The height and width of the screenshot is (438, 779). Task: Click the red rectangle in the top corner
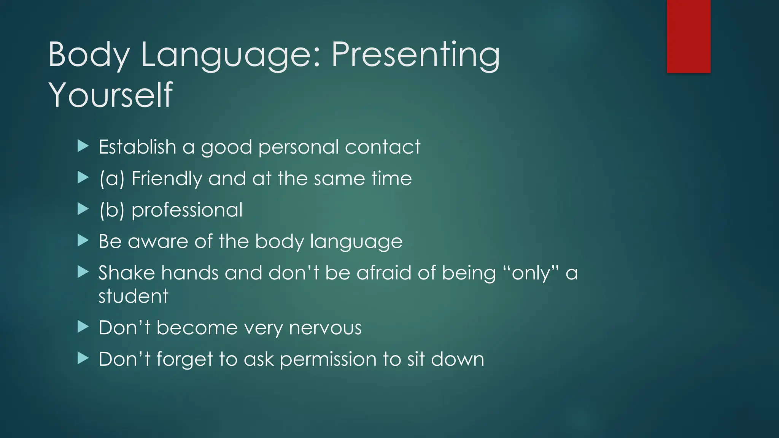688,36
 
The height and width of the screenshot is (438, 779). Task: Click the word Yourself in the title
111,95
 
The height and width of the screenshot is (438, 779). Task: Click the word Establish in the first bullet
137,147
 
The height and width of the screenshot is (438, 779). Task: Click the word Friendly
167,179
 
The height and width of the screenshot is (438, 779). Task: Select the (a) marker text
111,179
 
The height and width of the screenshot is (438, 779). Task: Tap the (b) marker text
111,210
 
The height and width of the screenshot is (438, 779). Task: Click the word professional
187,210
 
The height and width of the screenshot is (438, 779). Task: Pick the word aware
158,242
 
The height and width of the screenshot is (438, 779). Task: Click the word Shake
126,273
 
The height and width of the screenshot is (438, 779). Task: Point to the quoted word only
531,273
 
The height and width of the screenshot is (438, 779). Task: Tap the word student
133,296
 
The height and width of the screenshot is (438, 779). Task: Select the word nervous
325,328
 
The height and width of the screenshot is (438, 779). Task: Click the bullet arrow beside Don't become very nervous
83,327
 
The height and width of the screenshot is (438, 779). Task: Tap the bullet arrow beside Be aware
83,240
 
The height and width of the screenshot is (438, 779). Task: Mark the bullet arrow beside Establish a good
83,146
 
